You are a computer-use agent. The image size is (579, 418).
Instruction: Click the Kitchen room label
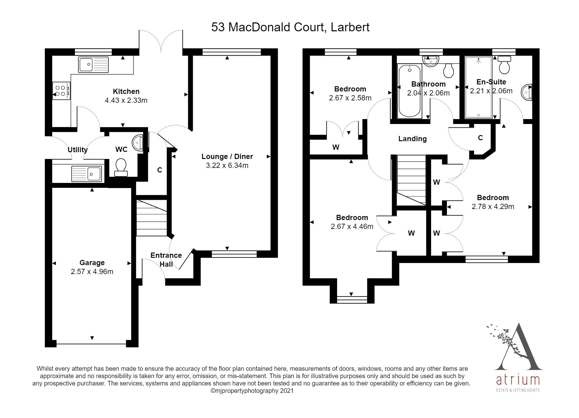pos(126,91)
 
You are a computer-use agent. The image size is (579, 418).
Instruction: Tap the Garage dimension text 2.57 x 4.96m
pos(92,272)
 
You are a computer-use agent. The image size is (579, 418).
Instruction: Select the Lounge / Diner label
pos(227,157)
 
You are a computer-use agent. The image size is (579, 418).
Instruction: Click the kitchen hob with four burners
pos(61,91)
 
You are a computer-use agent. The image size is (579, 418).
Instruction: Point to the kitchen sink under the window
pos(93,64)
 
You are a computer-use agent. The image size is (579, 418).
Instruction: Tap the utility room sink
pos(86,174)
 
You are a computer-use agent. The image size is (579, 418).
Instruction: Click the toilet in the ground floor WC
pos(121,167)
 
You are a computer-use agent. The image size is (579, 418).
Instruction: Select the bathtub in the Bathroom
pos(409,91)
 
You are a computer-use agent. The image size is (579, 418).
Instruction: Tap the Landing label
pos(412,139)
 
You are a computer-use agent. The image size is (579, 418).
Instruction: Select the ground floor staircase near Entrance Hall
pos(151,218)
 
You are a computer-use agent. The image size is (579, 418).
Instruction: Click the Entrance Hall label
pos(166,260)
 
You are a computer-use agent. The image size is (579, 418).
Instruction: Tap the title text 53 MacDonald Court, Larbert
pos(290,27)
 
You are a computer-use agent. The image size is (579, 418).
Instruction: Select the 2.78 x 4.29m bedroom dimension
pos(493,207)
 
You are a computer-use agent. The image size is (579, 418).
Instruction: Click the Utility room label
pos(77,150)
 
